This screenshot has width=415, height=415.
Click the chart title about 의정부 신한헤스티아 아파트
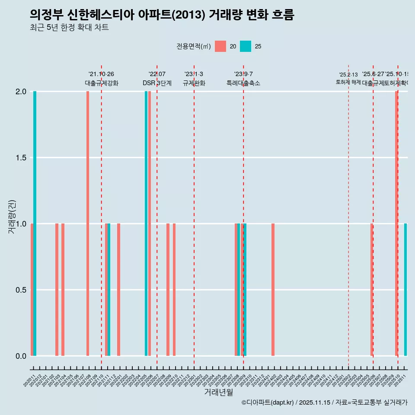click(162, 15)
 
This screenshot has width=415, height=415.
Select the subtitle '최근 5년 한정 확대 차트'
click(69, 28)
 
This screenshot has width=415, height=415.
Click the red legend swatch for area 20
click(220, 46)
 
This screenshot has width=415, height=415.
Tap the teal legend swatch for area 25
click(246, 46)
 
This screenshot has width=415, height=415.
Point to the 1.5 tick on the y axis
click(21, 158)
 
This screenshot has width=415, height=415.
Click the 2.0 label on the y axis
click(21, 92)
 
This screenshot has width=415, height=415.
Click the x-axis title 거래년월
click(218, 392)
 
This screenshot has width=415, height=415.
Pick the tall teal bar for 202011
click(35, 223)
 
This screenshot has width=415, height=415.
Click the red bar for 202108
click(88, 223)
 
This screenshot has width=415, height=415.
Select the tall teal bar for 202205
click(146, 223)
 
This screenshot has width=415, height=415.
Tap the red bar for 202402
click(273, 290)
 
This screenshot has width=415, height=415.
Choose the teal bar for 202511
click(405, 290)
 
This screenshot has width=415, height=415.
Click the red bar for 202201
click(118, 290)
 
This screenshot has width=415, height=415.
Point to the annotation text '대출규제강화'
click(102, 83)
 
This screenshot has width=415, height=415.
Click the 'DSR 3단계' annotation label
click(157, 83)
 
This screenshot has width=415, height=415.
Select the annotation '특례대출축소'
click(243, 83)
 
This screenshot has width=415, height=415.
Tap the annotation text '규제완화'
click(194, 83)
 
